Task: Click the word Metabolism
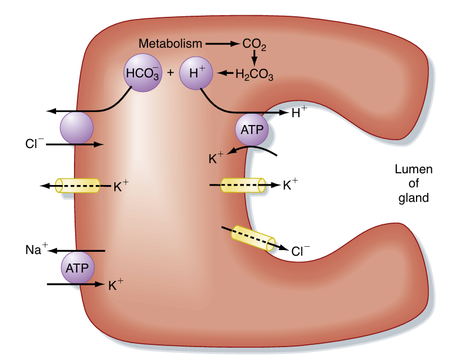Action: pyautogui.click(x=170, y=43)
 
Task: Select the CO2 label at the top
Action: pyautogui.click(x=255, y=44)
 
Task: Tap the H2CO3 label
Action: pyautogui.click(x=254, y=74)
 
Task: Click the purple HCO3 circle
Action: pyautogui.click(x=142, y=72)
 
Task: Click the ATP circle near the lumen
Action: pyautogui.click(x=251, y=130)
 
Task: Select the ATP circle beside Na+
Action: pyautogui.click(x=77, y=267)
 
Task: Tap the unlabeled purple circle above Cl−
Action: pyautogui.click(x=77, y=127)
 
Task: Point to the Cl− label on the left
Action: pyautogui.click(x=34, y=144)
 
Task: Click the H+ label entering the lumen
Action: pyautogui.click(x=299, y=113)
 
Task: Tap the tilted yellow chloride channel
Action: pyautogui.click(x=253, y=238)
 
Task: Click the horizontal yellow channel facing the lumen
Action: pyautogui.click(x=243, y=185)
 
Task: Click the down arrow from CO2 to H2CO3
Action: pyautogui.click(x=254, y=57)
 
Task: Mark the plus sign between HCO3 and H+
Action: pyautogui.click(x=170, y=73)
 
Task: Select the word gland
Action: pyautogui.click(x=413, y=197)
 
